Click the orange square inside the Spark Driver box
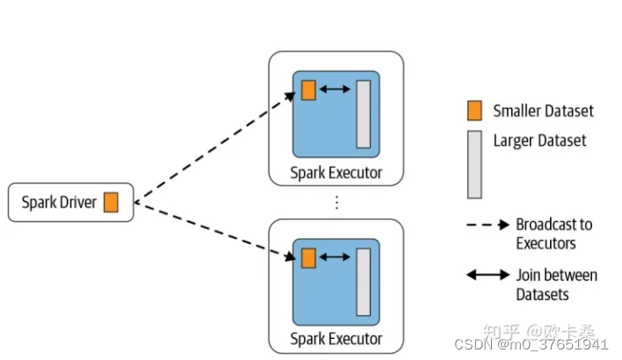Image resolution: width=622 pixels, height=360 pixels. pyautogui.click(x=111, y=202)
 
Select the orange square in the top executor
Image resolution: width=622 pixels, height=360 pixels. pyautogui.click(x=308, y=90)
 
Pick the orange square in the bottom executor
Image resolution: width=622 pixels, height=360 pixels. pyautogui.click(x=308, y=258)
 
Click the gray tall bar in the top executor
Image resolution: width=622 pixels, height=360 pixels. pyautogui.click(x=363, y=114)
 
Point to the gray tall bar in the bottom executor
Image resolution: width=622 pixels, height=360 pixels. pyautogui.click(x=363, y=282)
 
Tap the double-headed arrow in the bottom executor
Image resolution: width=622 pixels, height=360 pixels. pyautogui.click(x=336, y=258)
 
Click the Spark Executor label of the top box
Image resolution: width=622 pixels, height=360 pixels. pyautogui.click(x=336, y=172)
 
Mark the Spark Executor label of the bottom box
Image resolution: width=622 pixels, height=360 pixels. pyautogui.click(x=336, y=339)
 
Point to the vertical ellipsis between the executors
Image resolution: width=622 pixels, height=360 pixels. pyautogui.click(x=336, y=202)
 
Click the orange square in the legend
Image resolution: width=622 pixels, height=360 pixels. pyautogui.click(x=474, y=111)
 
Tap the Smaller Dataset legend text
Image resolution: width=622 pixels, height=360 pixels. pyautogui.click(x=543, y=111)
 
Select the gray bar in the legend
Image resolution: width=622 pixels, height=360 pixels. pyautogui.click(x=474, y=164)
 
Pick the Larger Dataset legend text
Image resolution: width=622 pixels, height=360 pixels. pyautogui.click(x=539, y=140)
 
